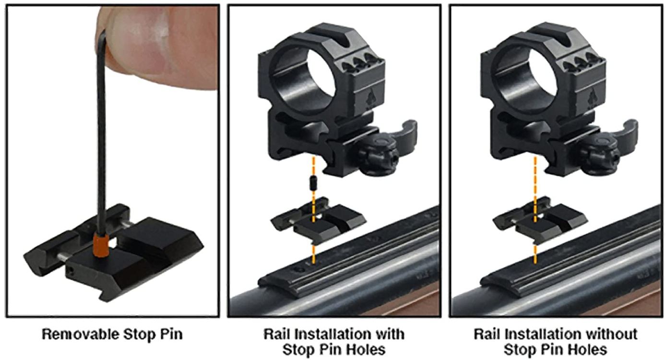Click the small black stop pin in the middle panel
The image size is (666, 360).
coord(313,183)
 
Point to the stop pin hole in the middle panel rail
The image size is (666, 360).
coord(298,270)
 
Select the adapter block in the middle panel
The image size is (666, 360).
coord(318,219)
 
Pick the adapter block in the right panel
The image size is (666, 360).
coord(540,219)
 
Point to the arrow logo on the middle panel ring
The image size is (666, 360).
coord(369,99)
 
